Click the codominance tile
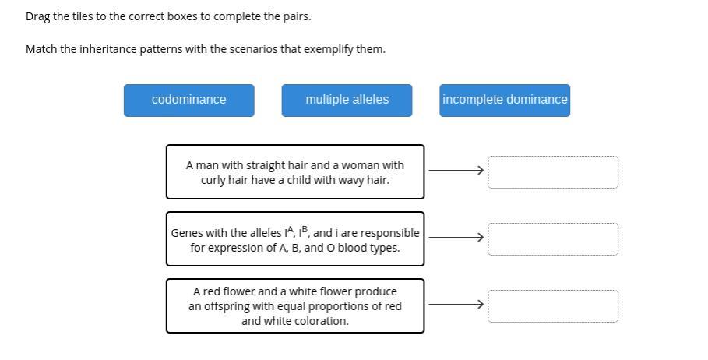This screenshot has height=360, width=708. (x=188, y=101)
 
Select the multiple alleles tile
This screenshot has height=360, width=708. (x=347, y=101)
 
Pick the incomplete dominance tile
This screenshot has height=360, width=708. (x=505, y=101)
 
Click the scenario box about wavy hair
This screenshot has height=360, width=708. (x=294, y=171)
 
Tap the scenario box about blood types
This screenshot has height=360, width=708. (x=294, y=238)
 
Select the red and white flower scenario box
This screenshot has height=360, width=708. (x=294, y=305)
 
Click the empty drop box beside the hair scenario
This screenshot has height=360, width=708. (x=553, y=171)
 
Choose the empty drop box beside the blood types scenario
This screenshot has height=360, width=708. (x=553, y=238)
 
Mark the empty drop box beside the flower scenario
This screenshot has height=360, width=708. (x=553, y=305)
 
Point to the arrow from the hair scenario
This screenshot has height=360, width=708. (x=456, y=169)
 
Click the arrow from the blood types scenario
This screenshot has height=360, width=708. (x=456, y=236)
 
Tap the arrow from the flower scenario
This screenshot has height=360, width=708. (x=456, y=303)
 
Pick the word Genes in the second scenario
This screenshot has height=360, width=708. (x=186, y=233)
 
